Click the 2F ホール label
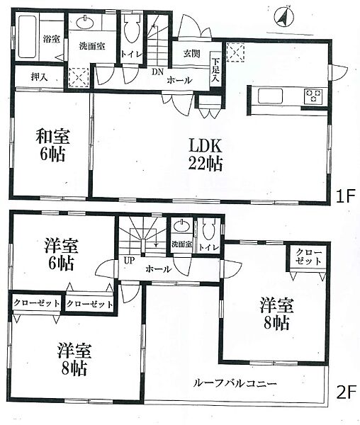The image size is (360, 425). pyautogui.click(x=157, y=271)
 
